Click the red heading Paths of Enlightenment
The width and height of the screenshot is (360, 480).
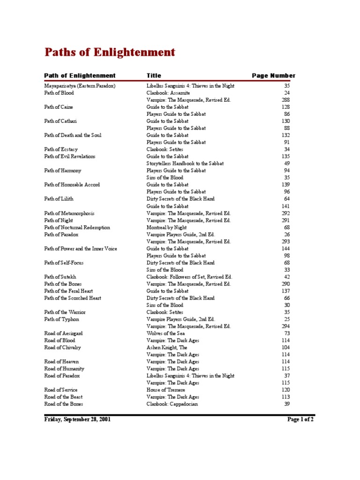[x=110, y=52]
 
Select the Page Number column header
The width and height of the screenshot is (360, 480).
[x=273, y=75]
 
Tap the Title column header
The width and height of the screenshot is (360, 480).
[x=154, y=75]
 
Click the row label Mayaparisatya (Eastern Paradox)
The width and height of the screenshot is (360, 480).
[x=80, y=86]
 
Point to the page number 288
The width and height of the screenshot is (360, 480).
[x=285, y=100]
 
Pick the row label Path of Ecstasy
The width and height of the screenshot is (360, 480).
[x=61, y=150]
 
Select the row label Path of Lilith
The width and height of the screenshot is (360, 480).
[x=59, y=199]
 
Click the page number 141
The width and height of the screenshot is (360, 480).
[x=285, y=206]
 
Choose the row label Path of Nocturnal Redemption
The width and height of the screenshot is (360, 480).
[x=77, y=227]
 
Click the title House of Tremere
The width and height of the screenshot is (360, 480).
[x=165, y=390]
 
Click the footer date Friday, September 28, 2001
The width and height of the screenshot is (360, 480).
[x=77, y=420]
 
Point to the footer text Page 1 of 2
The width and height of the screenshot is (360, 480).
[x=300, y=420]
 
